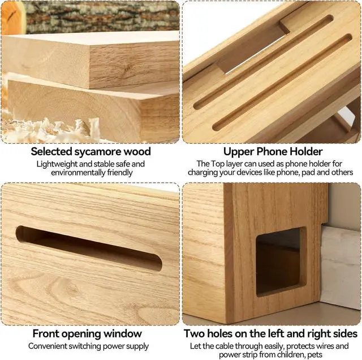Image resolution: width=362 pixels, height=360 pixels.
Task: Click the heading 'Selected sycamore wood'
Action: tap(90, 152)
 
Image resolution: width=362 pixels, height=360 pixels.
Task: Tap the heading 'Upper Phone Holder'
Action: tap(273, 152)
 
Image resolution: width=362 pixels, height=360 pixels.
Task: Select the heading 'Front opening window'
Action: tap(90, 334)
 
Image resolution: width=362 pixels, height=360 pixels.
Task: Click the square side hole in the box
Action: tap(280, 262)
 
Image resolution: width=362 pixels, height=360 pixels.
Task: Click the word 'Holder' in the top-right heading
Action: tap(304, 152)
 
